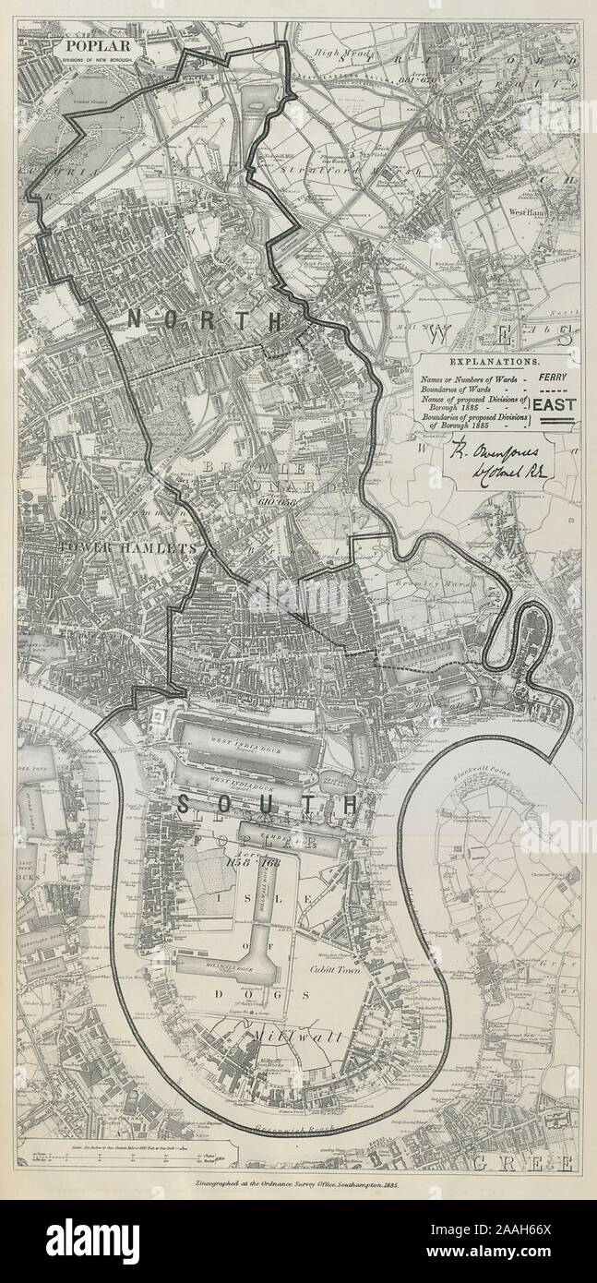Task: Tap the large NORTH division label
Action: [206, 320]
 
